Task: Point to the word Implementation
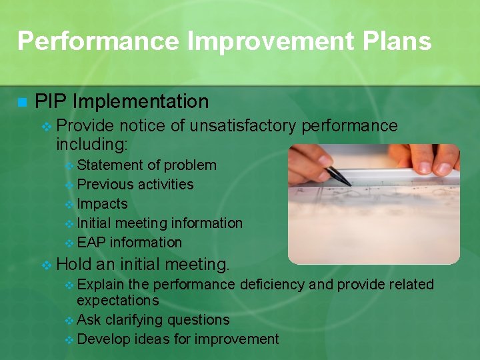[x=141, y=102]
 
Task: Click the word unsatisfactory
[x=243, y=125]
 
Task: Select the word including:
[x=91, y=143]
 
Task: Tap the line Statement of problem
[x=147, y=165]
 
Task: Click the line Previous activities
[x=135, y=185]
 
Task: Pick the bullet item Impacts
[x=102, y=204]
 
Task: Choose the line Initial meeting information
[x=160, y=223]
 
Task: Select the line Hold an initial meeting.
[x=143, y=265]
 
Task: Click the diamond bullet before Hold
[x=46, y=265]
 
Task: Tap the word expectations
[x=118, y=301]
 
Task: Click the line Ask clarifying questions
[x=153, y=320]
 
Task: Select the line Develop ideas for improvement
[x=178, y=339]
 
